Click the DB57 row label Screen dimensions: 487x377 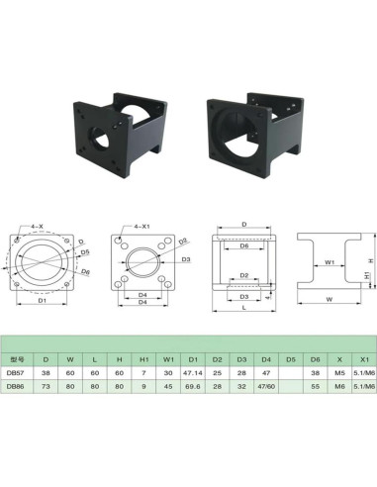pos(15,373)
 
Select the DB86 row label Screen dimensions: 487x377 pos(15,388)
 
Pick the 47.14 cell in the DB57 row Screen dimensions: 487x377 pos(193,373)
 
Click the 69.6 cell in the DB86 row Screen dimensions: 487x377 pos(193,388)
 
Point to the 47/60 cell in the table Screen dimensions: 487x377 pos(265,388)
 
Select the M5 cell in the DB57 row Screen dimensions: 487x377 pos(339,373)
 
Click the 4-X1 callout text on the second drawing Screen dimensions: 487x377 pos(141,228)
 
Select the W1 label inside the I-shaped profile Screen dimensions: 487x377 pos(331,263)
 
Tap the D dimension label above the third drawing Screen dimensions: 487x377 pos(243,225)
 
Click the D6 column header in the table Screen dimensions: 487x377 pos(315,358)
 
